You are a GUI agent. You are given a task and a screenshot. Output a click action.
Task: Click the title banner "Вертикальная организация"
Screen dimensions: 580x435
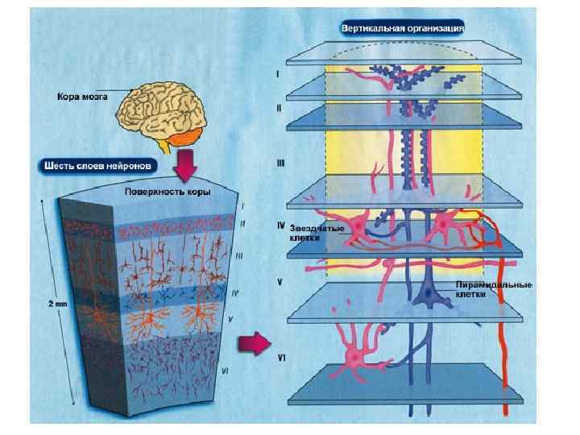403,27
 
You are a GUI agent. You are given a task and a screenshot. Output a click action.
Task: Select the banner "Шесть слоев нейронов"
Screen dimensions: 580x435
98,166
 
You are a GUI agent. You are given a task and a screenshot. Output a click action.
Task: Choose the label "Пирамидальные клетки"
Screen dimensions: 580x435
482,290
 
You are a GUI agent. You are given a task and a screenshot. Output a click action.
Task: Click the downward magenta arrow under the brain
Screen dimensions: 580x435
184,165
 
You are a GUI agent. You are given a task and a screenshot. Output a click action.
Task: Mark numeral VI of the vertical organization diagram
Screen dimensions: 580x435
281,356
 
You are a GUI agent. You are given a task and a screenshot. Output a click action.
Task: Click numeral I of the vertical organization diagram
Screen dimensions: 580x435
278,72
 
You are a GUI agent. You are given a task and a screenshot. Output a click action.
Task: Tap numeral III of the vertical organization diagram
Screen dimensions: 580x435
280,163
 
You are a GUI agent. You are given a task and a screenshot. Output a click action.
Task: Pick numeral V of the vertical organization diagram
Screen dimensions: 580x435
279,282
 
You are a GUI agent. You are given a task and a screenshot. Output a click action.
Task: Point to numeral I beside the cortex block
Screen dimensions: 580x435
242,205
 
